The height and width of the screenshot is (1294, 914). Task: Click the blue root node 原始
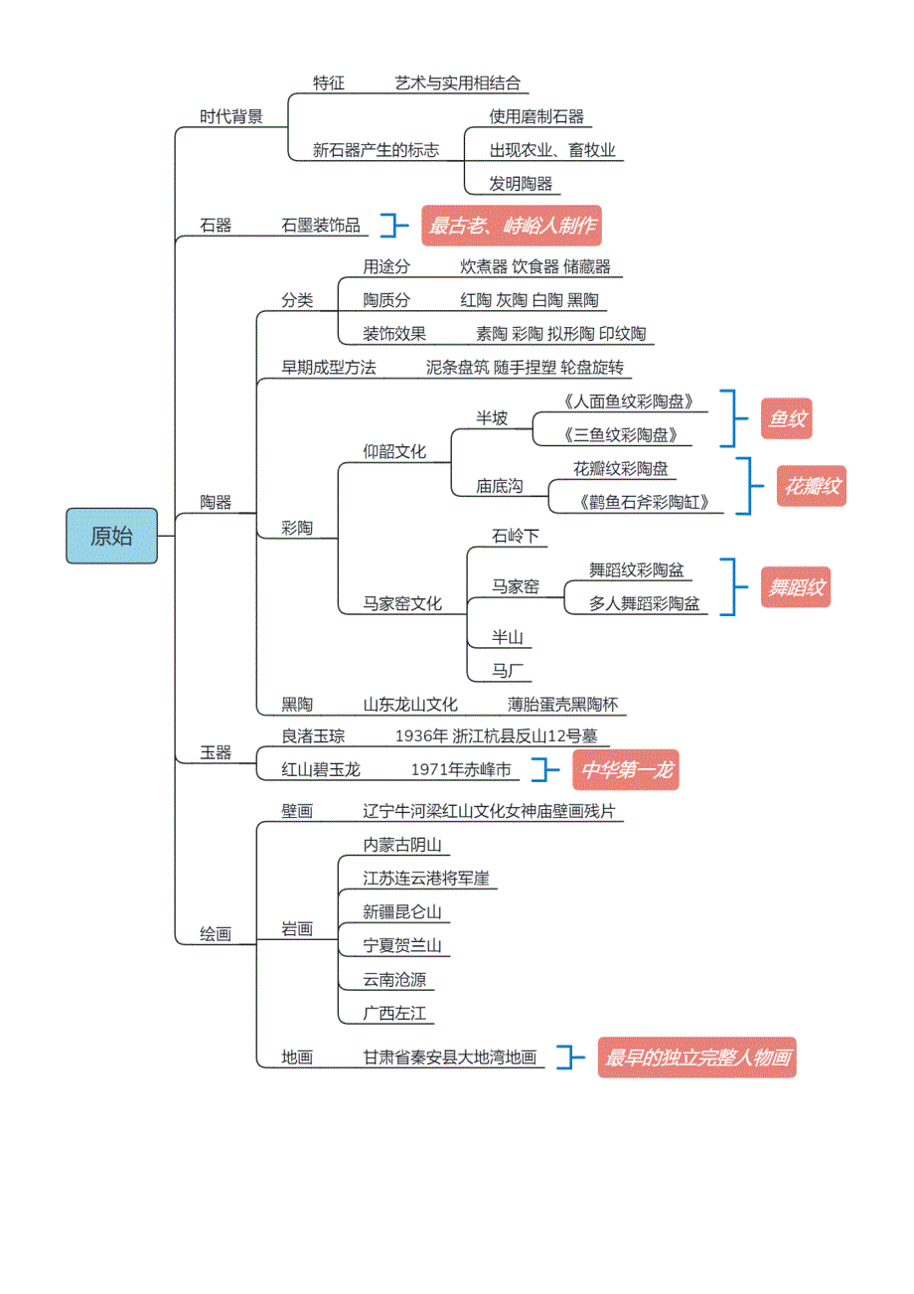tap(111, 536)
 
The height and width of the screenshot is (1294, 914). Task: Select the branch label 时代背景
tap(231, 116)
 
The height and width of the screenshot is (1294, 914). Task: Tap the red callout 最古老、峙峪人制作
tap(512, 226)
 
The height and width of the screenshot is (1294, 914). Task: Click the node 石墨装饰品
tap(321, 226)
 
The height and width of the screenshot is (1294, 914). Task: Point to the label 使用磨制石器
tap(536, 116)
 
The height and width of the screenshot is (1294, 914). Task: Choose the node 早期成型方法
tap(329, 368)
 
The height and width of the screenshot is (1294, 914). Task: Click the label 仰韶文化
tap(394, 452)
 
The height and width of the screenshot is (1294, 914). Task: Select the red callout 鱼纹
tap(786, 419)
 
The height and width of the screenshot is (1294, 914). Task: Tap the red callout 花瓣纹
tap(812, 487)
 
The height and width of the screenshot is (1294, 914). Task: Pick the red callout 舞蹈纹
tap(795, 587)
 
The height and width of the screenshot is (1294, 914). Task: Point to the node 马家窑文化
tap(402, 603)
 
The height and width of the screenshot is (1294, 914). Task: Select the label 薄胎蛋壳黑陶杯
tap(562, 705)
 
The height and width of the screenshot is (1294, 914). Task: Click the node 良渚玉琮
tap(313, 736)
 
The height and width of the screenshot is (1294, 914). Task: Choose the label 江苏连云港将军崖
tap(425, 879)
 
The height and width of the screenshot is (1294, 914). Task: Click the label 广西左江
tap(394, 1014)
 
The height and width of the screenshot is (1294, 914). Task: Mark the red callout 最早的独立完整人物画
tap(699, 1057)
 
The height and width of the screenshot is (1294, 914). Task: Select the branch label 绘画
tap(216, 934)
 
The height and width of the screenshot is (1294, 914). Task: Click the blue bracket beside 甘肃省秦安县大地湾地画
tap(568, 1056)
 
